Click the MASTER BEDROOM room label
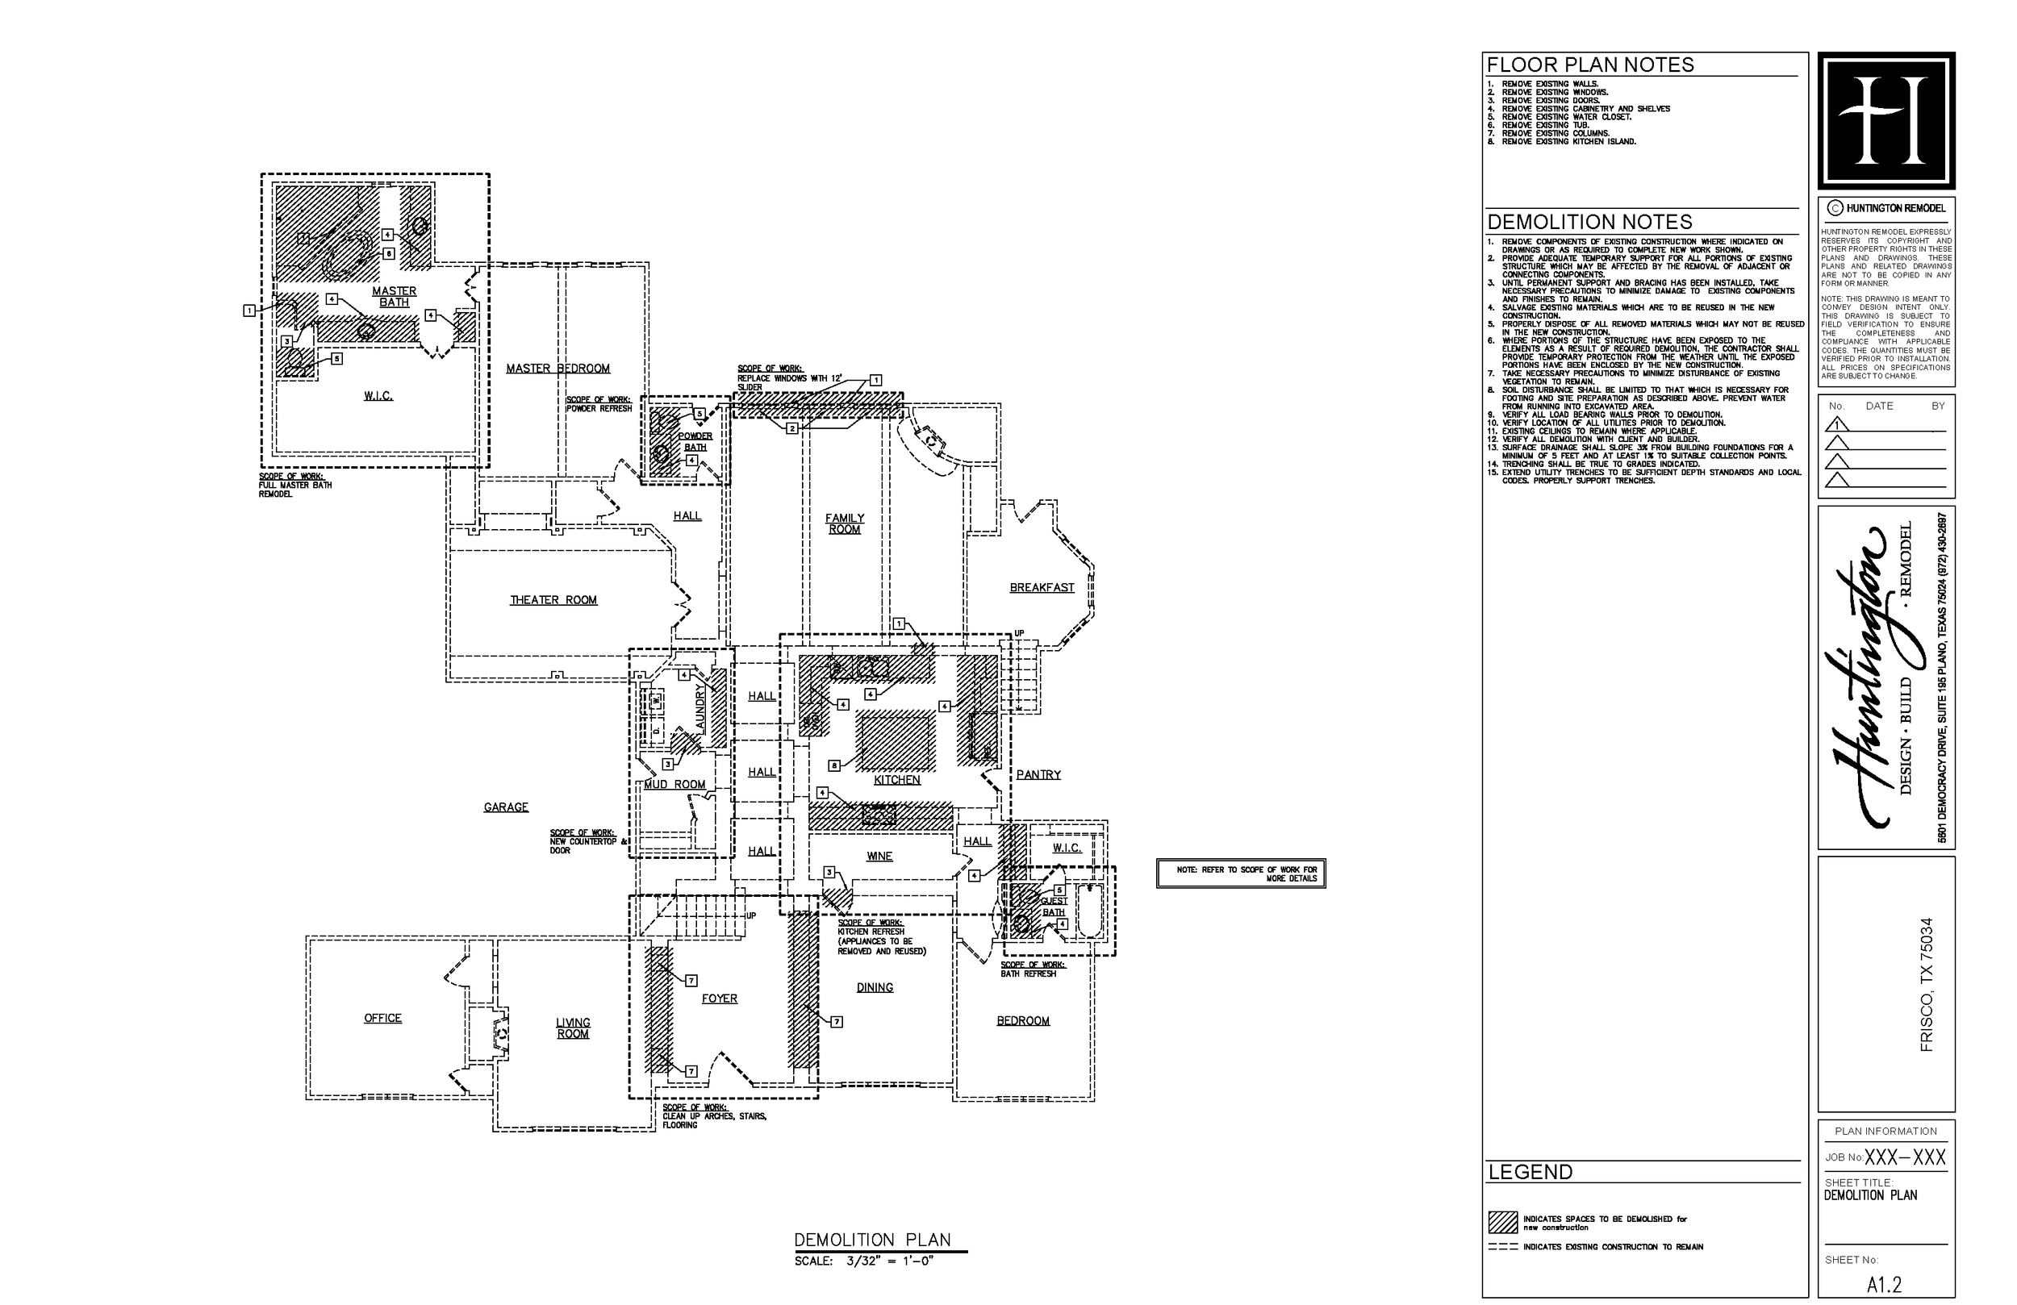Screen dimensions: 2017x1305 point(557,369)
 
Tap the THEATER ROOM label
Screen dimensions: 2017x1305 point(553,600)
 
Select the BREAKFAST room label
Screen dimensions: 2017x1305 point(1042,587)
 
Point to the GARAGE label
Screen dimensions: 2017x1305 point(506,807)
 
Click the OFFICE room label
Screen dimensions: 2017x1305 point(383,1018)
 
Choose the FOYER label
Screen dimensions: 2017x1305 point(720,999)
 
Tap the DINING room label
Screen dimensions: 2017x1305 point(875,987)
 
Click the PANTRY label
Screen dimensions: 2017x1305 point(1038,774)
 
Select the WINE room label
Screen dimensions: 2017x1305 point(879,856)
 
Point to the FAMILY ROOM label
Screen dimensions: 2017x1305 point(844,523)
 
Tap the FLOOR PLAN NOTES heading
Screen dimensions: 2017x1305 point(1590,65)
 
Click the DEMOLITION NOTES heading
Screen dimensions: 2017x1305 point(1589,222)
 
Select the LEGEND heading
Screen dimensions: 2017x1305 point(1530,1172)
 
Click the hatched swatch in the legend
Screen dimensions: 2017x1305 point(1502,1222)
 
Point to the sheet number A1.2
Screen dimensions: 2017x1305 point(1884,1285)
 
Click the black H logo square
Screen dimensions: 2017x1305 point(1886,120)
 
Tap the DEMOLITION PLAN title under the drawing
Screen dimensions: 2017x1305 point(872,1240)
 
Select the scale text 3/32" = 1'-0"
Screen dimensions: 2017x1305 point(890,1261)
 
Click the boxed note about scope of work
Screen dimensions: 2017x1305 point(1241,873)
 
